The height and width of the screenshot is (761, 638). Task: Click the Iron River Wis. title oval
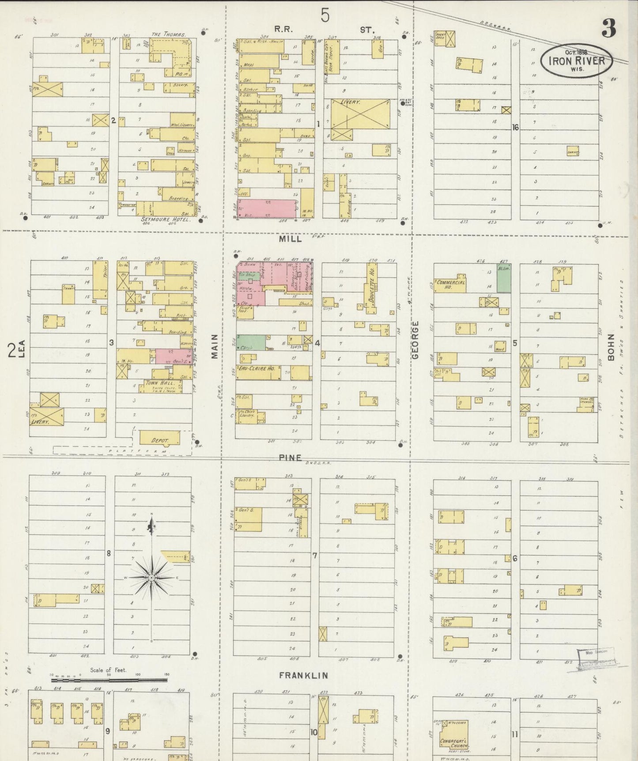coord(576,61)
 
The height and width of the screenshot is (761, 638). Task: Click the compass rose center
coord(151,577)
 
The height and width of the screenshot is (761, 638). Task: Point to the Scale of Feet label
coord(108,670)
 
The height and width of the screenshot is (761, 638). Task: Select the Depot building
coord(159,439)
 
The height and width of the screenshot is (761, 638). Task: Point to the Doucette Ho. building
coord(371,288)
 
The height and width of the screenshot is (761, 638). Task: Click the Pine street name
coord(290,458)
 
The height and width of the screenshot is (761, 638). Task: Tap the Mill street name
coord(291,239)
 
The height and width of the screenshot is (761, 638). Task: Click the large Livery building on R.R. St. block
coord(360,114)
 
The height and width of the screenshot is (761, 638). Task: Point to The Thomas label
coord(168,34)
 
